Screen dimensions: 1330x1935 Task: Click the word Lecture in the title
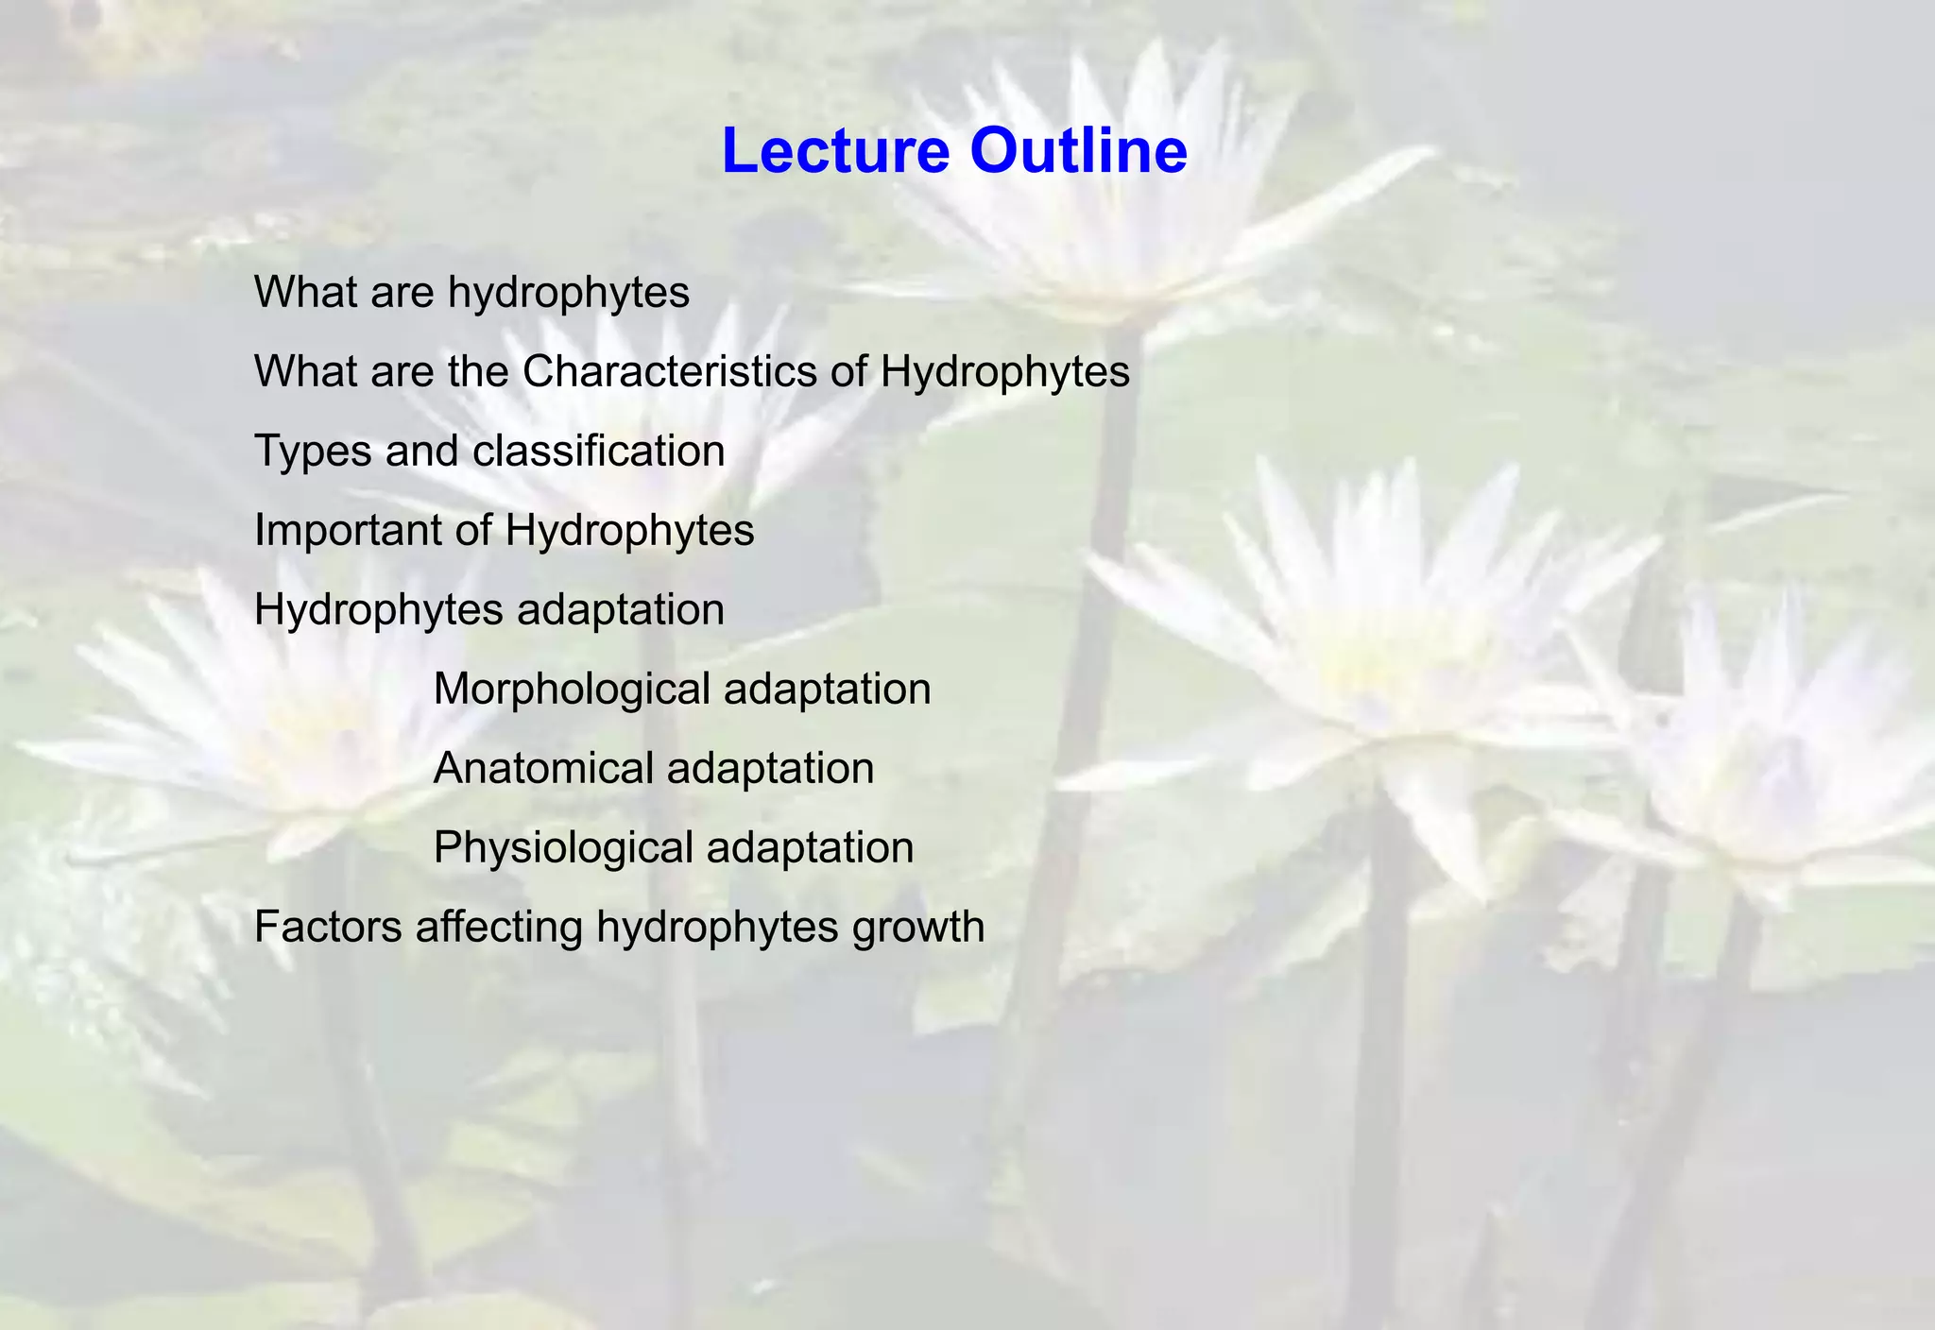point(835,151)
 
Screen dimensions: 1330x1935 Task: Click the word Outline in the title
point(1077,151)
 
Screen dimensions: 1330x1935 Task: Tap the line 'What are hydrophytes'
point(471,293)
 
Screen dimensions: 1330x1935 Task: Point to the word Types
point(313,452)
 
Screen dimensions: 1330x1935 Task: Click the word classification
point(598,452)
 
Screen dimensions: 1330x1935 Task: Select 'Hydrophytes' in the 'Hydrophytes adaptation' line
point(379,610)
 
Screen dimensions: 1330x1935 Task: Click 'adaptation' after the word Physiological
point(810,848)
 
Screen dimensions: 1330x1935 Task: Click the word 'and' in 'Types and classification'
point(421,452)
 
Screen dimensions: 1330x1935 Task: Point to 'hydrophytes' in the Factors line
point(717,928)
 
